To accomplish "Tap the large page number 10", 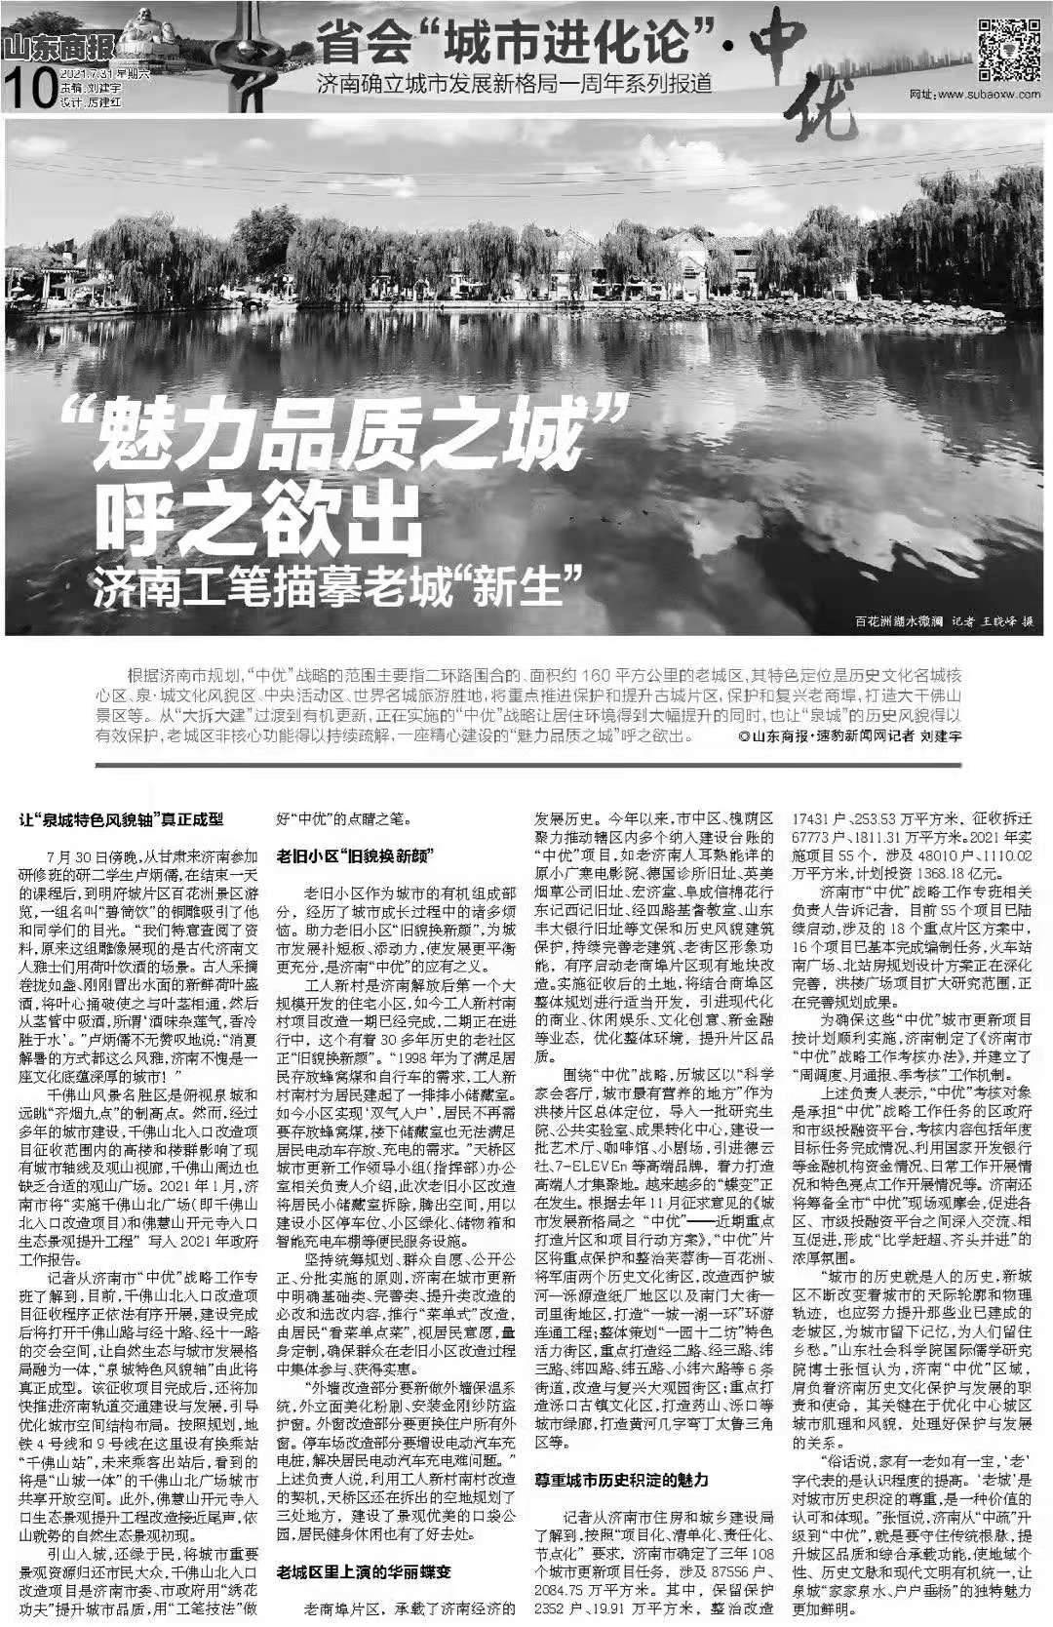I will [x=28, y=93].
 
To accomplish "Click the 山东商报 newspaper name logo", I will [x=59, y=46].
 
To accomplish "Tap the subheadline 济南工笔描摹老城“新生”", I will [x=336, y=582].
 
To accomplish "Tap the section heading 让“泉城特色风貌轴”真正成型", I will [x=123, y=819].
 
